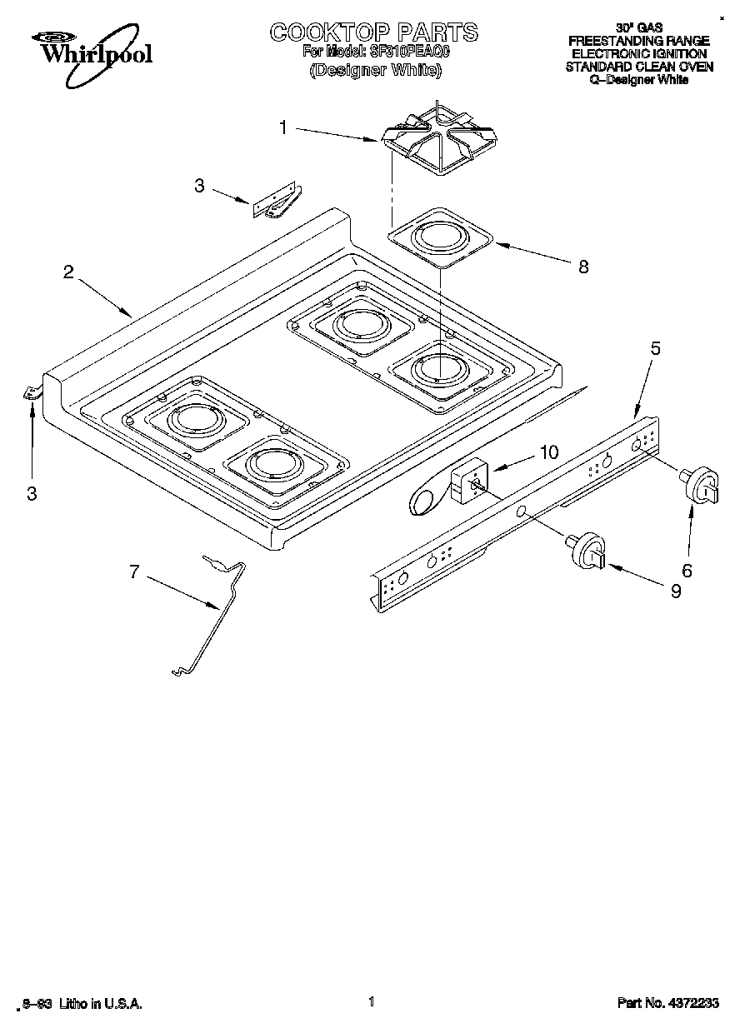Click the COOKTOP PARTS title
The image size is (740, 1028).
(373, 32)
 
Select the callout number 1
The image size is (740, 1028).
(283, 127)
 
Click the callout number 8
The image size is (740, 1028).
(583, 267)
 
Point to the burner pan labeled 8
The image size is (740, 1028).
(441, 238)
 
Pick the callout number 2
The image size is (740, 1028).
(68, 272)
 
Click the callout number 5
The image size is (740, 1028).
(655, 349)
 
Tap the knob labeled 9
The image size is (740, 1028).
(590, 551)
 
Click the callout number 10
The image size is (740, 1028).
(548, 452)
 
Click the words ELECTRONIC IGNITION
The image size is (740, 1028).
(638, 53)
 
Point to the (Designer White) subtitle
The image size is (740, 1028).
(374, 70)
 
